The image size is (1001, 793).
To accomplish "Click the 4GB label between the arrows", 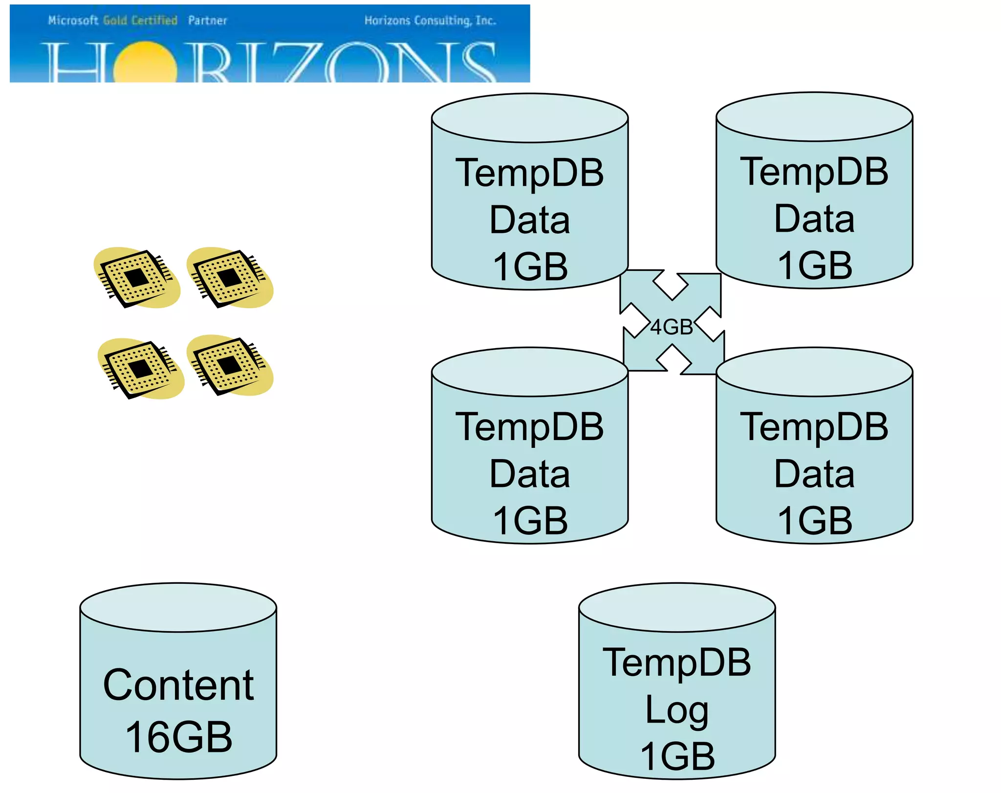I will point(671,327).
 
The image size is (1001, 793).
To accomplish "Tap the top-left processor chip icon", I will point(136,278).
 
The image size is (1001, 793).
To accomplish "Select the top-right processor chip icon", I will point(229,278).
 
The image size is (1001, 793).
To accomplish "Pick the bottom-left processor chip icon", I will point(141,369).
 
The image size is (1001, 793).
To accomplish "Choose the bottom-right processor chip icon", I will point(229,365).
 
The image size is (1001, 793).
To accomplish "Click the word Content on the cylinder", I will point(178,685).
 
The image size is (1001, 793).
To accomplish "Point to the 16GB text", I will point(178,737).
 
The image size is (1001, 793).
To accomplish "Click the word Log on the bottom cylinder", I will point(676,710).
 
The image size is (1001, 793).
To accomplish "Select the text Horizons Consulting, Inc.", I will point(430,21).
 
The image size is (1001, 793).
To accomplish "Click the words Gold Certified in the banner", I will point(140,21).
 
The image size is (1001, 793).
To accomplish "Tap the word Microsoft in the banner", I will point(73,21).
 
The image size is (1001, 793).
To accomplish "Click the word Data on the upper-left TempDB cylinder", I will point(530,220).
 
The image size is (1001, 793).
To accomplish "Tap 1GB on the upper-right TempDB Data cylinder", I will point(814,265).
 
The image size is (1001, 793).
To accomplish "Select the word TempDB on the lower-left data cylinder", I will point(530,426).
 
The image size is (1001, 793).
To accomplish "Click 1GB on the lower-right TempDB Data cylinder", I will point(814,520).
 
